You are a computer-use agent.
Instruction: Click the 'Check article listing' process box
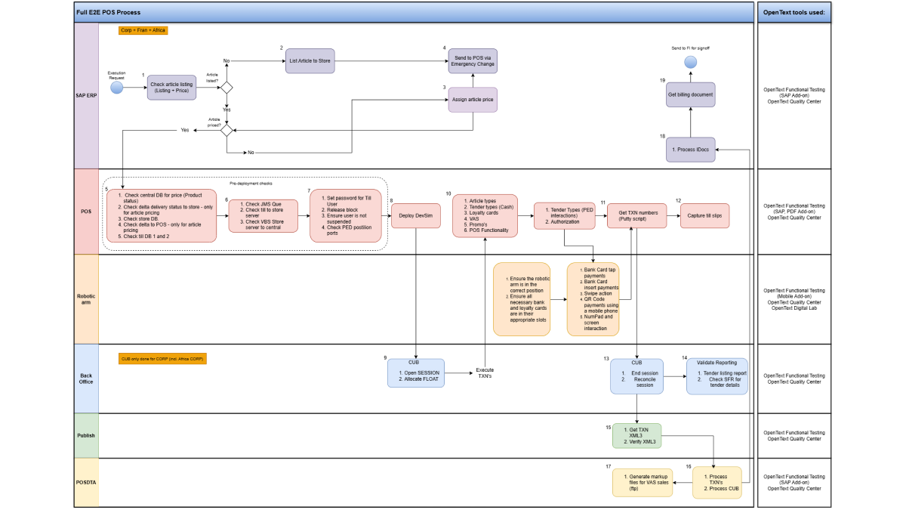click(172, 88)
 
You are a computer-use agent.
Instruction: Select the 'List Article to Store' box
click(310, 60)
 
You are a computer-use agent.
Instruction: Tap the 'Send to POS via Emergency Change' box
click(473, 60)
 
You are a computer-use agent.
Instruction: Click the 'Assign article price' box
click(473, 100)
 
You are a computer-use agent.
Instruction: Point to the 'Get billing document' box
click(690, 94)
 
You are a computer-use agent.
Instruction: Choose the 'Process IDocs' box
click(690, 150)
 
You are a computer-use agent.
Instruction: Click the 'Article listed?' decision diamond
click(226, 88)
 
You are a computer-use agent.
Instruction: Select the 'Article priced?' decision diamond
click(226, 130)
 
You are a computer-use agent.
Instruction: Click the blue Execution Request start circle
click(116, 88)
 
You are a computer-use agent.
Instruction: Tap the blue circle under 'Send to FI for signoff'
click(690, 61)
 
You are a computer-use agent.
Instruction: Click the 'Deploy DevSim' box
click(417, 215)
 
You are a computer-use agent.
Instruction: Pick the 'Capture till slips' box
click(704, 215)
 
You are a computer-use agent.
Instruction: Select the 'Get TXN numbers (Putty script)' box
click(633, 215)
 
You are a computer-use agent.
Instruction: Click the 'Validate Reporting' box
click(716, 376)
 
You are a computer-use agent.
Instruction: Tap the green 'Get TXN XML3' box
click(637, 436)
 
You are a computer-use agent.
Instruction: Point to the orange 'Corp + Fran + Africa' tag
click(143, 30)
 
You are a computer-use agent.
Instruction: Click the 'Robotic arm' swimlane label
click(87, 298)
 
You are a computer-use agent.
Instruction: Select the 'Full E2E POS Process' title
click(109, 12)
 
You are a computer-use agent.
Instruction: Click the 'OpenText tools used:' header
click(794, 12)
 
